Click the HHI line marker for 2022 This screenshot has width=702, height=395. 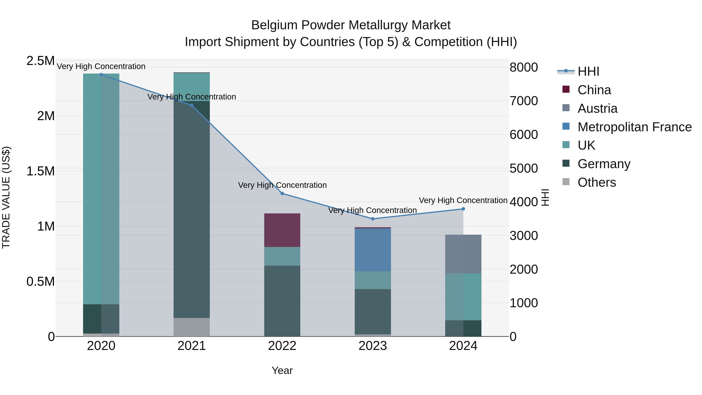tap(282, 194)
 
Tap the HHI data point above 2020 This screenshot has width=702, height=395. tap(101, 75)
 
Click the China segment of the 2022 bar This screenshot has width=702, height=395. tap(282, 230)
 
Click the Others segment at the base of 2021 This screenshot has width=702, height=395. tap(191, 327)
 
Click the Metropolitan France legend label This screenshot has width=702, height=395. tap(634, 127)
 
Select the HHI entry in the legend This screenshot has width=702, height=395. tap(588, 71)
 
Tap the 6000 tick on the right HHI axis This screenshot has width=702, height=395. tap(524, 135)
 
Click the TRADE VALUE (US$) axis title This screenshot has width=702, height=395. tap(6, 197)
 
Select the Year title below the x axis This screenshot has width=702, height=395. tap(282, 370)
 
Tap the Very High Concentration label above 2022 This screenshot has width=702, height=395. tap(282, 185)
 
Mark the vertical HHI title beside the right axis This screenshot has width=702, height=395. tap(545, 197)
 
